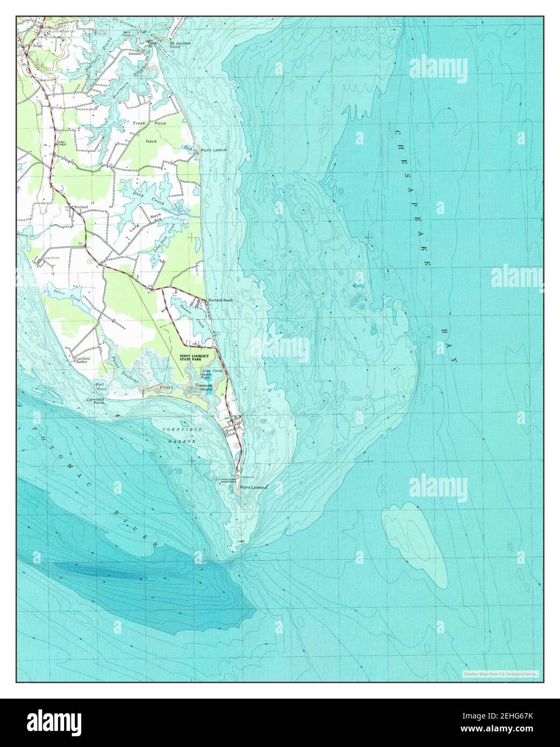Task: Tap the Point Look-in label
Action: pyautogui.click(x=214, y=151)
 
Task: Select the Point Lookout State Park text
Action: pyautogui.click(x=197, y=358)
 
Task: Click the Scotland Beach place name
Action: pyautogui.click(x=220, y=300)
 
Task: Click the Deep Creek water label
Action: pyautogui.click(x=144, y=195)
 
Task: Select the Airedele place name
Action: pyautogui.click(x=134, y=54)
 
